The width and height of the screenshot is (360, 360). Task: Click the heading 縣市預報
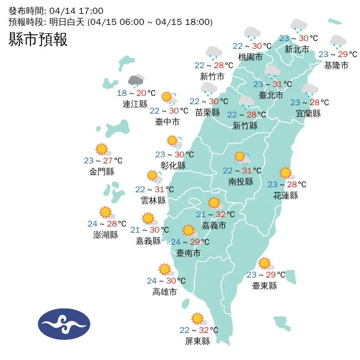tap(38, 39)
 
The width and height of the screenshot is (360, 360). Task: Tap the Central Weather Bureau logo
tap(64, 324)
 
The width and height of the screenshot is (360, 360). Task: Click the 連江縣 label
tap(135, 104)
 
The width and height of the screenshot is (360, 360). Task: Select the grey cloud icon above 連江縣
tap(136, 81)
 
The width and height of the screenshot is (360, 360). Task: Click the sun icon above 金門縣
tap(101, 149)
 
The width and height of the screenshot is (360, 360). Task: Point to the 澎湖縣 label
tap(105, 234)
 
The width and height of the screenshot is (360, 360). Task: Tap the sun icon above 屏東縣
tap(197, 318)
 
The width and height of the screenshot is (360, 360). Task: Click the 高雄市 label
tap(164, 291)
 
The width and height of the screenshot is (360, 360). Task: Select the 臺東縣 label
tap(264, 285)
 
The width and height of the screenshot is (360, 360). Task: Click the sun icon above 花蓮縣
tap(285, 173)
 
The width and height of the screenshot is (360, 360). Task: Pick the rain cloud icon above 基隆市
tap(337, 42)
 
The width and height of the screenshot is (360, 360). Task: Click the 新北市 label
tap(297, 49)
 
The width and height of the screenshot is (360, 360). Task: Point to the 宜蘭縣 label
tap(308, 114)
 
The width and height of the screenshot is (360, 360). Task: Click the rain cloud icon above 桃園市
tap(253, 33)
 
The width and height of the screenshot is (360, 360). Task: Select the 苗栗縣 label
tap(208, 112)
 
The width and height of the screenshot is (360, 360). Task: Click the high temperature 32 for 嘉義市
tap(220, 214)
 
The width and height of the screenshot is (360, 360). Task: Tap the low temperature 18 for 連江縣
tap(122, 93)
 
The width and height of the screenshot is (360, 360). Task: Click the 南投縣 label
tap(240, 181)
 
